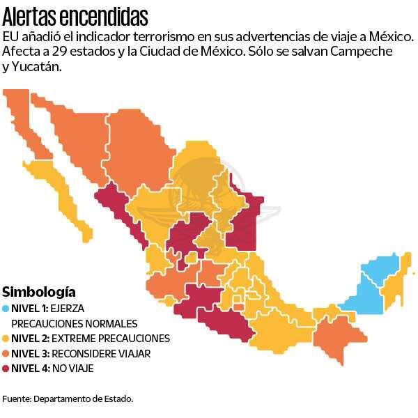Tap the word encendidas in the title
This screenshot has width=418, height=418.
pos(104,15)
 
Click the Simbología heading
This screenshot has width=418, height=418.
pos(39,292)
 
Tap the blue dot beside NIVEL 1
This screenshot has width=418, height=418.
pos(6,308)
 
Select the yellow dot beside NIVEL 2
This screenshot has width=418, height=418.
pos(6,339)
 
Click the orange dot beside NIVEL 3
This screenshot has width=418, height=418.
pos(6,354)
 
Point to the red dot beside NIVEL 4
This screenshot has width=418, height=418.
pos(6,369)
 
